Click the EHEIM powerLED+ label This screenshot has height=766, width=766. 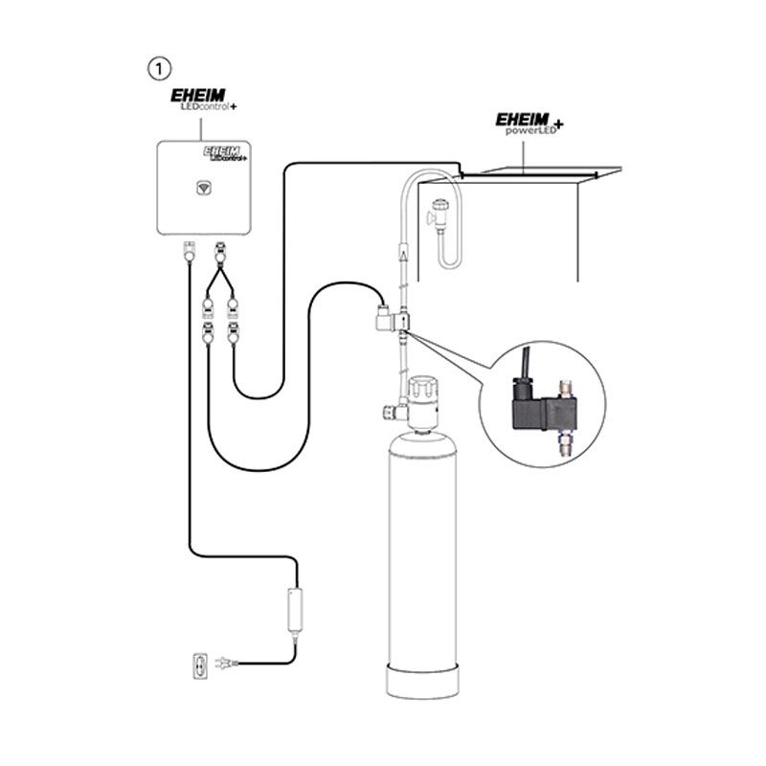point(529,124)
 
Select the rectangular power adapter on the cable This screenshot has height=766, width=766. point(294,609)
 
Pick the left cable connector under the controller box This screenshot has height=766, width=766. point(189,253)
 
